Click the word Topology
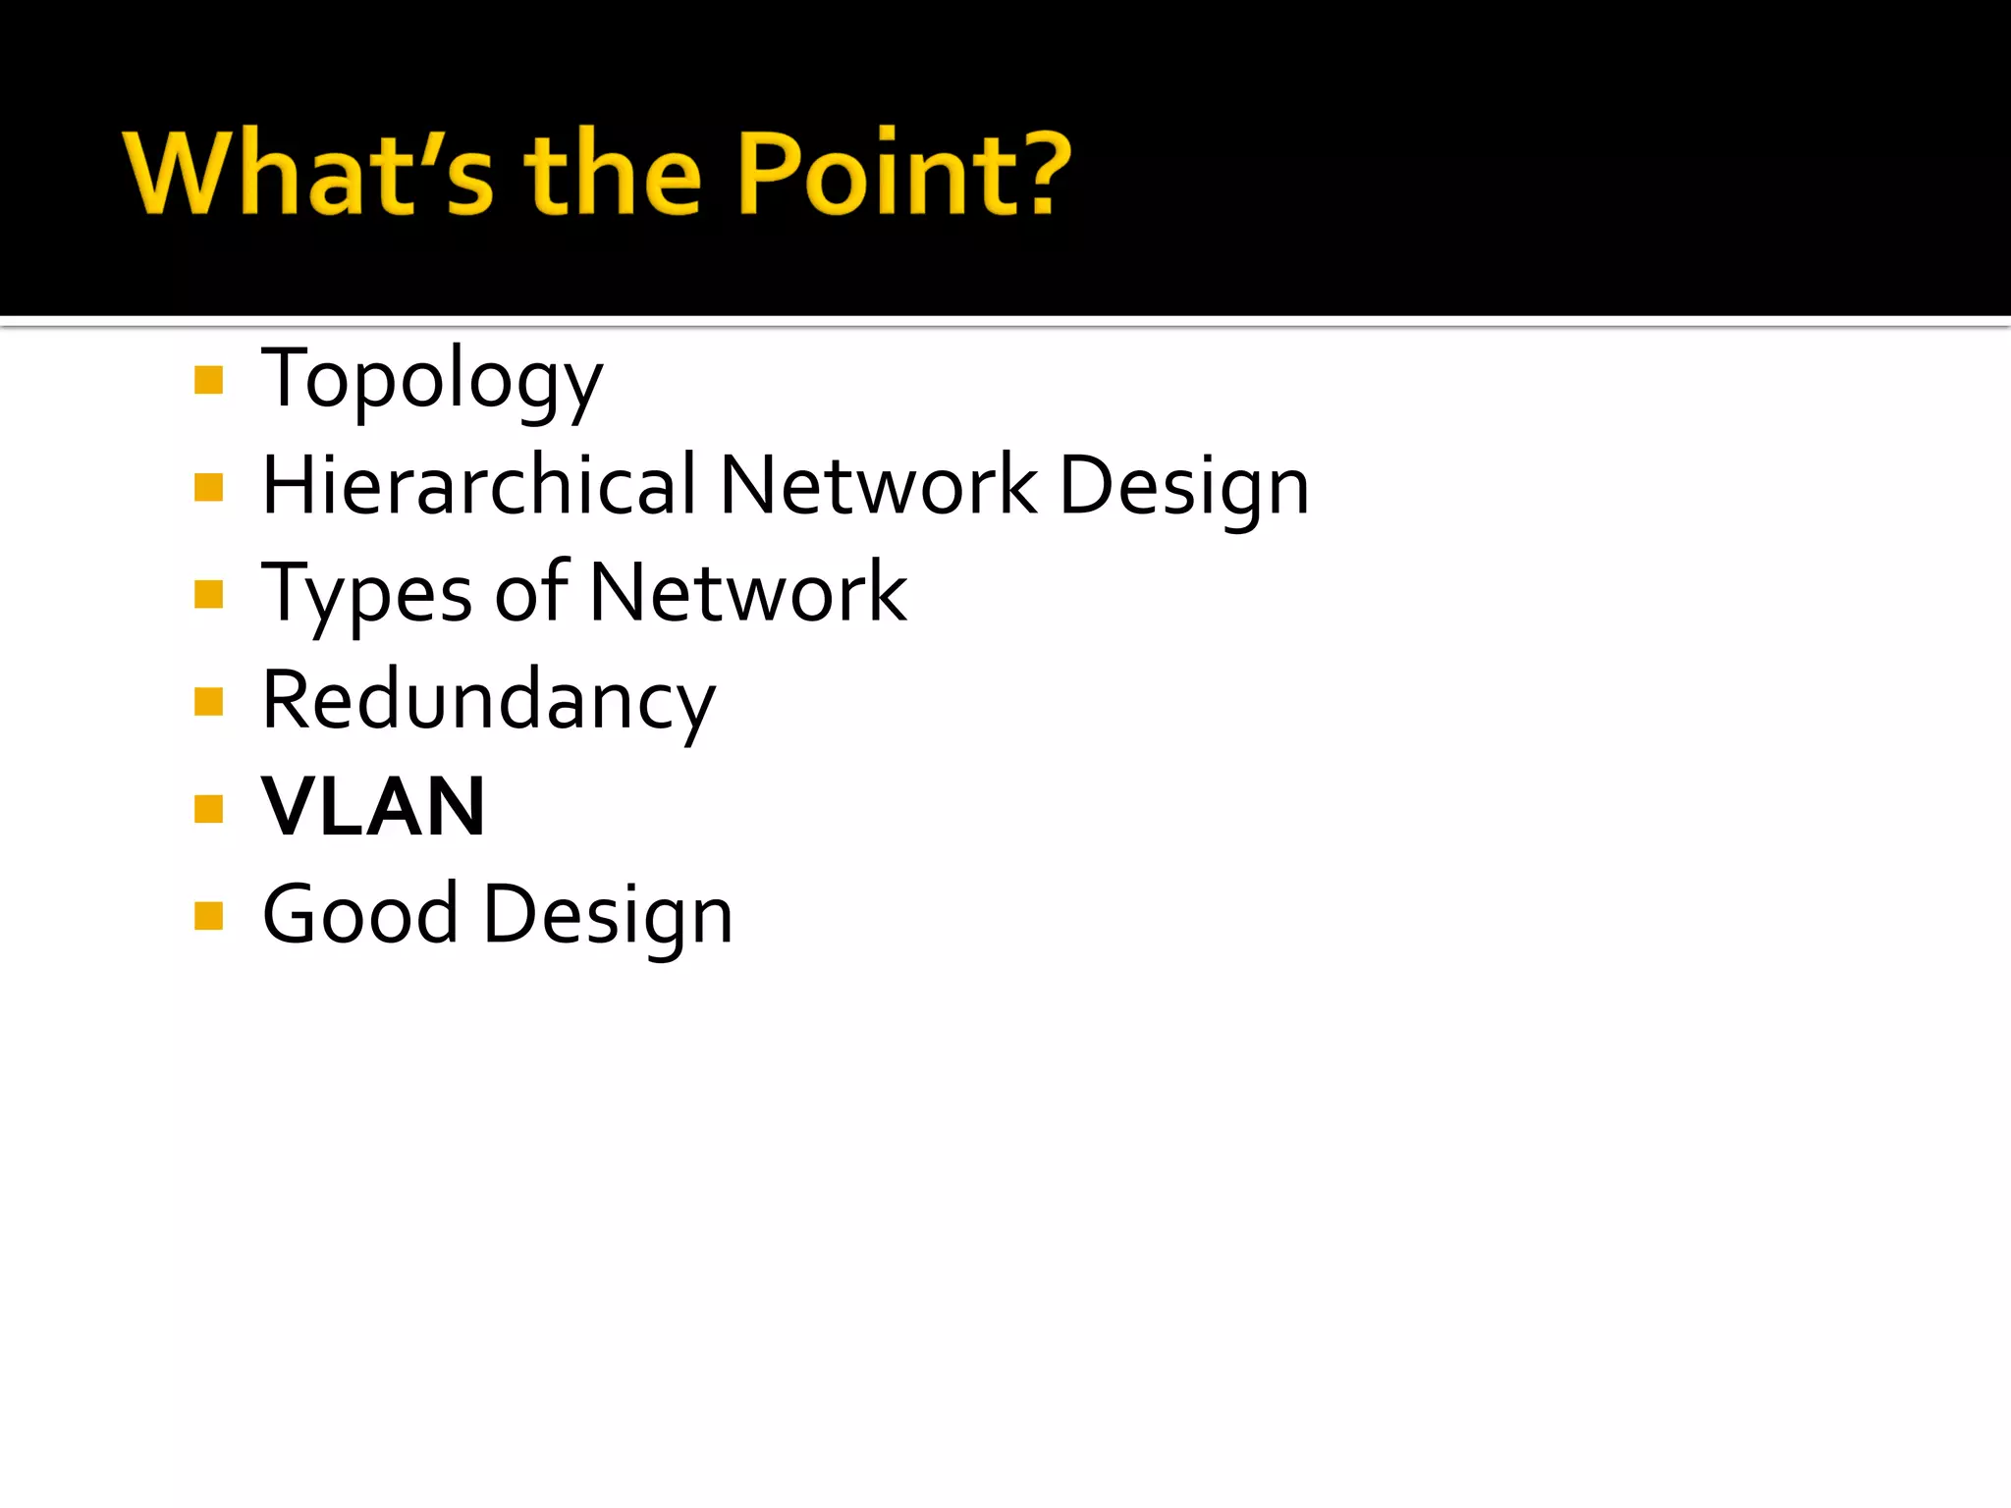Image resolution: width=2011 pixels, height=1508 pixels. (x=432, y=381)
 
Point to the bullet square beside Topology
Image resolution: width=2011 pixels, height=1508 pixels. (x=209, y=380)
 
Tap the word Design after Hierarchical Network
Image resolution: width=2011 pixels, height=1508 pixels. (x=1184, y=488)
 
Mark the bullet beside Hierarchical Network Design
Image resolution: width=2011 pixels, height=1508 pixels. (x=209, y=487)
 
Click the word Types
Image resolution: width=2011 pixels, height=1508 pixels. (x=367, y=595)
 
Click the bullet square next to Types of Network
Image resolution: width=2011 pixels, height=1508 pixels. (x=209, y=594)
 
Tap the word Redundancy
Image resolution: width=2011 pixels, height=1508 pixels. (x=489, y=702)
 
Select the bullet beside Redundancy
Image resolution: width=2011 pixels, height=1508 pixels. (x=209, y=702)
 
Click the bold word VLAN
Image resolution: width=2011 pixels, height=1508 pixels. (x=374, y=807)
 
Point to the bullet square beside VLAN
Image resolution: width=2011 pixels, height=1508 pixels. (x=209, y=809)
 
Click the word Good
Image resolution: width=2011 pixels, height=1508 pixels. (x=360, y=914)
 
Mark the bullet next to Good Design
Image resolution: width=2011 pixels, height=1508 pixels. (x=209, y=916)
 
